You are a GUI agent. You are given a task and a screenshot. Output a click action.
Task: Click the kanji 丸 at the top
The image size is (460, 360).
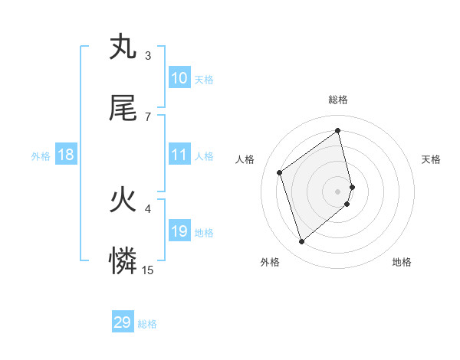(x=123, y=47)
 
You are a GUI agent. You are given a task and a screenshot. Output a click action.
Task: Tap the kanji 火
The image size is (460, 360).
(x=123, y=201)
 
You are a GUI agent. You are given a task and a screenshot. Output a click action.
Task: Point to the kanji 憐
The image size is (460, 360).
(x=123, y=262)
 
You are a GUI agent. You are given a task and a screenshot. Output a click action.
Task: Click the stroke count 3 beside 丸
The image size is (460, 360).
(x=148, y=55)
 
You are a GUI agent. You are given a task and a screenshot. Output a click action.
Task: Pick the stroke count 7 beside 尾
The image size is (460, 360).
(x=148, y=116)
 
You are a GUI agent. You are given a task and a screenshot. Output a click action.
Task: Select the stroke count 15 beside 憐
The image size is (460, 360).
(x=148, y=270)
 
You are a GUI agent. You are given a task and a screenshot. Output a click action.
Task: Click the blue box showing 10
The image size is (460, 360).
(x=179, y=78)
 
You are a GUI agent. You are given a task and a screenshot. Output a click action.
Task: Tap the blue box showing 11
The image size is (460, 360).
(x=179, y=155)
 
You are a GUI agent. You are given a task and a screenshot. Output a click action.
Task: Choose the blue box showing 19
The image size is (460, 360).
(x=179, y=231)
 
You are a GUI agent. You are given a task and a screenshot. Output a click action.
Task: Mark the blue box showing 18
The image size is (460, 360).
(x=66, y=155)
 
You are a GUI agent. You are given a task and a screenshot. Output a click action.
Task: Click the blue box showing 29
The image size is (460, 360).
(x=123, y=322)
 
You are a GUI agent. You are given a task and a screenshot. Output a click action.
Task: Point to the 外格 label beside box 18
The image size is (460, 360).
(x=41, y=156)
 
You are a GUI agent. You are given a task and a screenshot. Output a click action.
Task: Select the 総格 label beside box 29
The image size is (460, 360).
(x=147, y=324)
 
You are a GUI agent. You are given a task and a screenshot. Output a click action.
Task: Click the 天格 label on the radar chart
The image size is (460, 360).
(x=431, y=159)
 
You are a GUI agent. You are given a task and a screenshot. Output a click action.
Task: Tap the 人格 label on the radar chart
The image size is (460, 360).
(x=245, y=159)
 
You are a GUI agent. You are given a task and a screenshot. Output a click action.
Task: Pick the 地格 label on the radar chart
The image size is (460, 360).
(x=402, y=262)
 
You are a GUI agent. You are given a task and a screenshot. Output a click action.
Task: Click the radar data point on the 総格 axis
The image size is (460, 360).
(x=338, y=130)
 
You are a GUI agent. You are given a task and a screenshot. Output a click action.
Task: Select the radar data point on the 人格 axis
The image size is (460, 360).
(x=280, y=172)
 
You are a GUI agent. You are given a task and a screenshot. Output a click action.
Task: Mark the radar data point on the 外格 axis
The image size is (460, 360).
(x=302, y=242)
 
